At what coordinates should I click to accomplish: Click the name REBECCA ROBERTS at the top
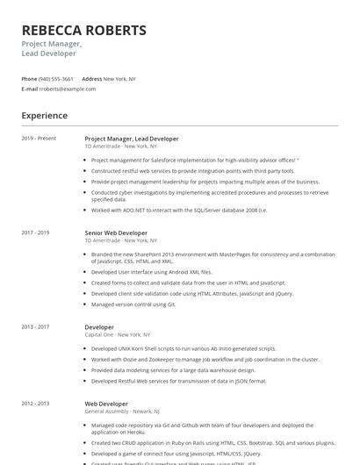[x=84, y=31]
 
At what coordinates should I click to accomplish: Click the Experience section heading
[x=44, y=115]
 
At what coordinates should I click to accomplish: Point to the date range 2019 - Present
[x=39, y=138]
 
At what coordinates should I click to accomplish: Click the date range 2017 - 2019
[x=36, y=232]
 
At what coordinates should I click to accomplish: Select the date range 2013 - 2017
[x=36, y=326]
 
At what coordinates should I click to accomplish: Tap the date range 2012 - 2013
[x=36, y=403]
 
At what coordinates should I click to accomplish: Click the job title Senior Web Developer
[x=116, y=232]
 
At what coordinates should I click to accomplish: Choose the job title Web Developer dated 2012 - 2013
[x=106, y=403]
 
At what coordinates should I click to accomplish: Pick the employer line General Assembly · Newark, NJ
[x=122, y=411]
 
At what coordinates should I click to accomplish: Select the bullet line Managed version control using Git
[x=133, y=304]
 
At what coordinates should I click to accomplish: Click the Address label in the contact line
[x=92, y=78]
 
